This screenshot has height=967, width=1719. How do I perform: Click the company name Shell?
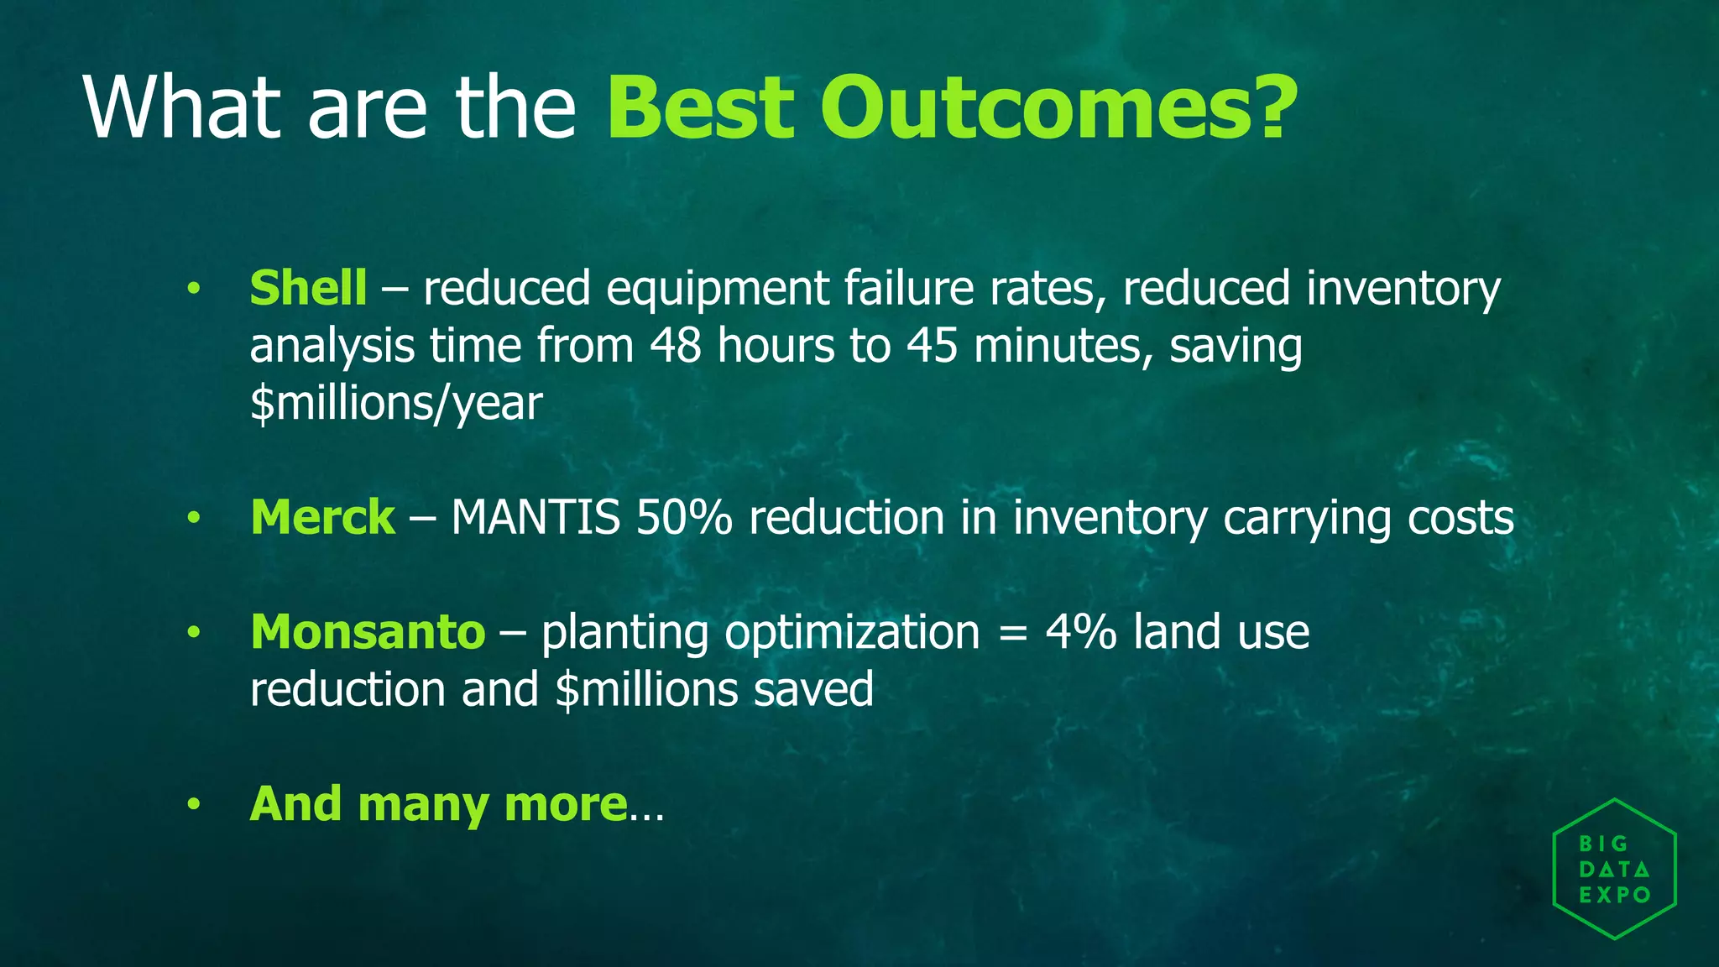pyautogui.click(x=308, y=288)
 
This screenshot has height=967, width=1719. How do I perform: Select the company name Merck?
pyautogui.click(x=322, y=517)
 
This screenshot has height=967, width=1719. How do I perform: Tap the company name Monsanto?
pyautogui.click(x=368, y=632)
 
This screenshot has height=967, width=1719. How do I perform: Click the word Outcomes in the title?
pyautogui.click(x=1058, y=107)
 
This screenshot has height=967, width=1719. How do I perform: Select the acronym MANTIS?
pyautogui.click(x=536, y=517)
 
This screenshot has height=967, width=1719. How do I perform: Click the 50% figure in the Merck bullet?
pyautogui.click(x=684, y=517)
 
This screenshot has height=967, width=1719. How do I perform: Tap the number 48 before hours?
pyautogui.click(x=676, y=346)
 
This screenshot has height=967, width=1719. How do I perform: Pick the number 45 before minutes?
pyautogui.click(x=932, y=346)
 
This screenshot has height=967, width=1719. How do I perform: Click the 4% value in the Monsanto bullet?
pyautogui.click(x=1080, y=632)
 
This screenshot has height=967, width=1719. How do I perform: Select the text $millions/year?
pyautogui.click(x=396, y=404)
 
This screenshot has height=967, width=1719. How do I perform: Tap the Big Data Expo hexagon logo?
pyautogui.click(x=1614, y=869)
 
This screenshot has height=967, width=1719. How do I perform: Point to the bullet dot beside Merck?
pyautogui.click(x=194, y=518)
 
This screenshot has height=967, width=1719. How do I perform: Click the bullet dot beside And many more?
pyautogui.click(x=194, y=805)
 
